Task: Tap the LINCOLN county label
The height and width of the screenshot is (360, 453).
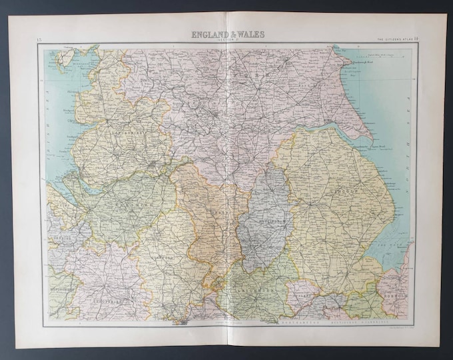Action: (x=344, y=191)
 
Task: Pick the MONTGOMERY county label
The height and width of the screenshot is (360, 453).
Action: (x=63, y=287)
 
